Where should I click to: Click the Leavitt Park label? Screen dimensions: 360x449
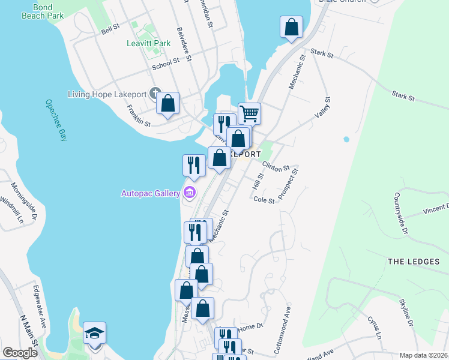[148, 43]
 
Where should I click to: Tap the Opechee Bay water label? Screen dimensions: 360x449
[56, 120]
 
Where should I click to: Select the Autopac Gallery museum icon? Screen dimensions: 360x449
[190, 193]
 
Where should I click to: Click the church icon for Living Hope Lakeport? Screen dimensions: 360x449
[155, 94]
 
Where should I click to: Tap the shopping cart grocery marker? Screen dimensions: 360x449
[249, 112]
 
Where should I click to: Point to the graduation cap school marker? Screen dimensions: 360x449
[95, 334]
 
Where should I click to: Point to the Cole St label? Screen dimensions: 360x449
[264, 200]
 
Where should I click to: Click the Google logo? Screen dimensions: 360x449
[20, 353]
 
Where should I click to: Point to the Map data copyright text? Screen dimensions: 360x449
[424, 355]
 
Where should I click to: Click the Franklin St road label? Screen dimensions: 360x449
[138, 115]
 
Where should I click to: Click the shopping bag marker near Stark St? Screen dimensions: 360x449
[291, 27]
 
